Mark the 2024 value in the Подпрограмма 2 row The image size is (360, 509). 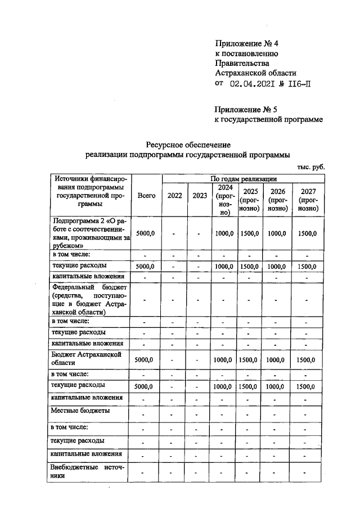point(224,233)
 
